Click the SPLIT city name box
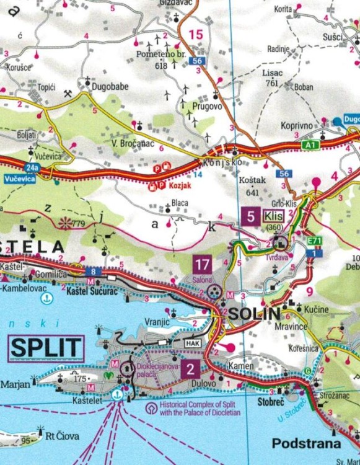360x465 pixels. [46, 348]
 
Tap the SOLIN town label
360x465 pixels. [254, 314]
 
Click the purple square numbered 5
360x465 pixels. [250, 216]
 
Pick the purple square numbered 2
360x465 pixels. [190, 370]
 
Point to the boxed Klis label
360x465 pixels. [273, 216]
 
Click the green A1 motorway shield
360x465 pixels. [310, 144]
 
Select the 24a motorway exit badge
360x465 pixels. [50, 167]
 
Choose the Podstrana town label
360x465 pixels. [307, 444]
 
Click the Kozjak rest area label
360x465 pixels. [178, 185]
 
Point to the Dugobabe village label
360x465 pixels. [111, 87]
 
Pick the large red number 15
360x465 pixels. [196, 35]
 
